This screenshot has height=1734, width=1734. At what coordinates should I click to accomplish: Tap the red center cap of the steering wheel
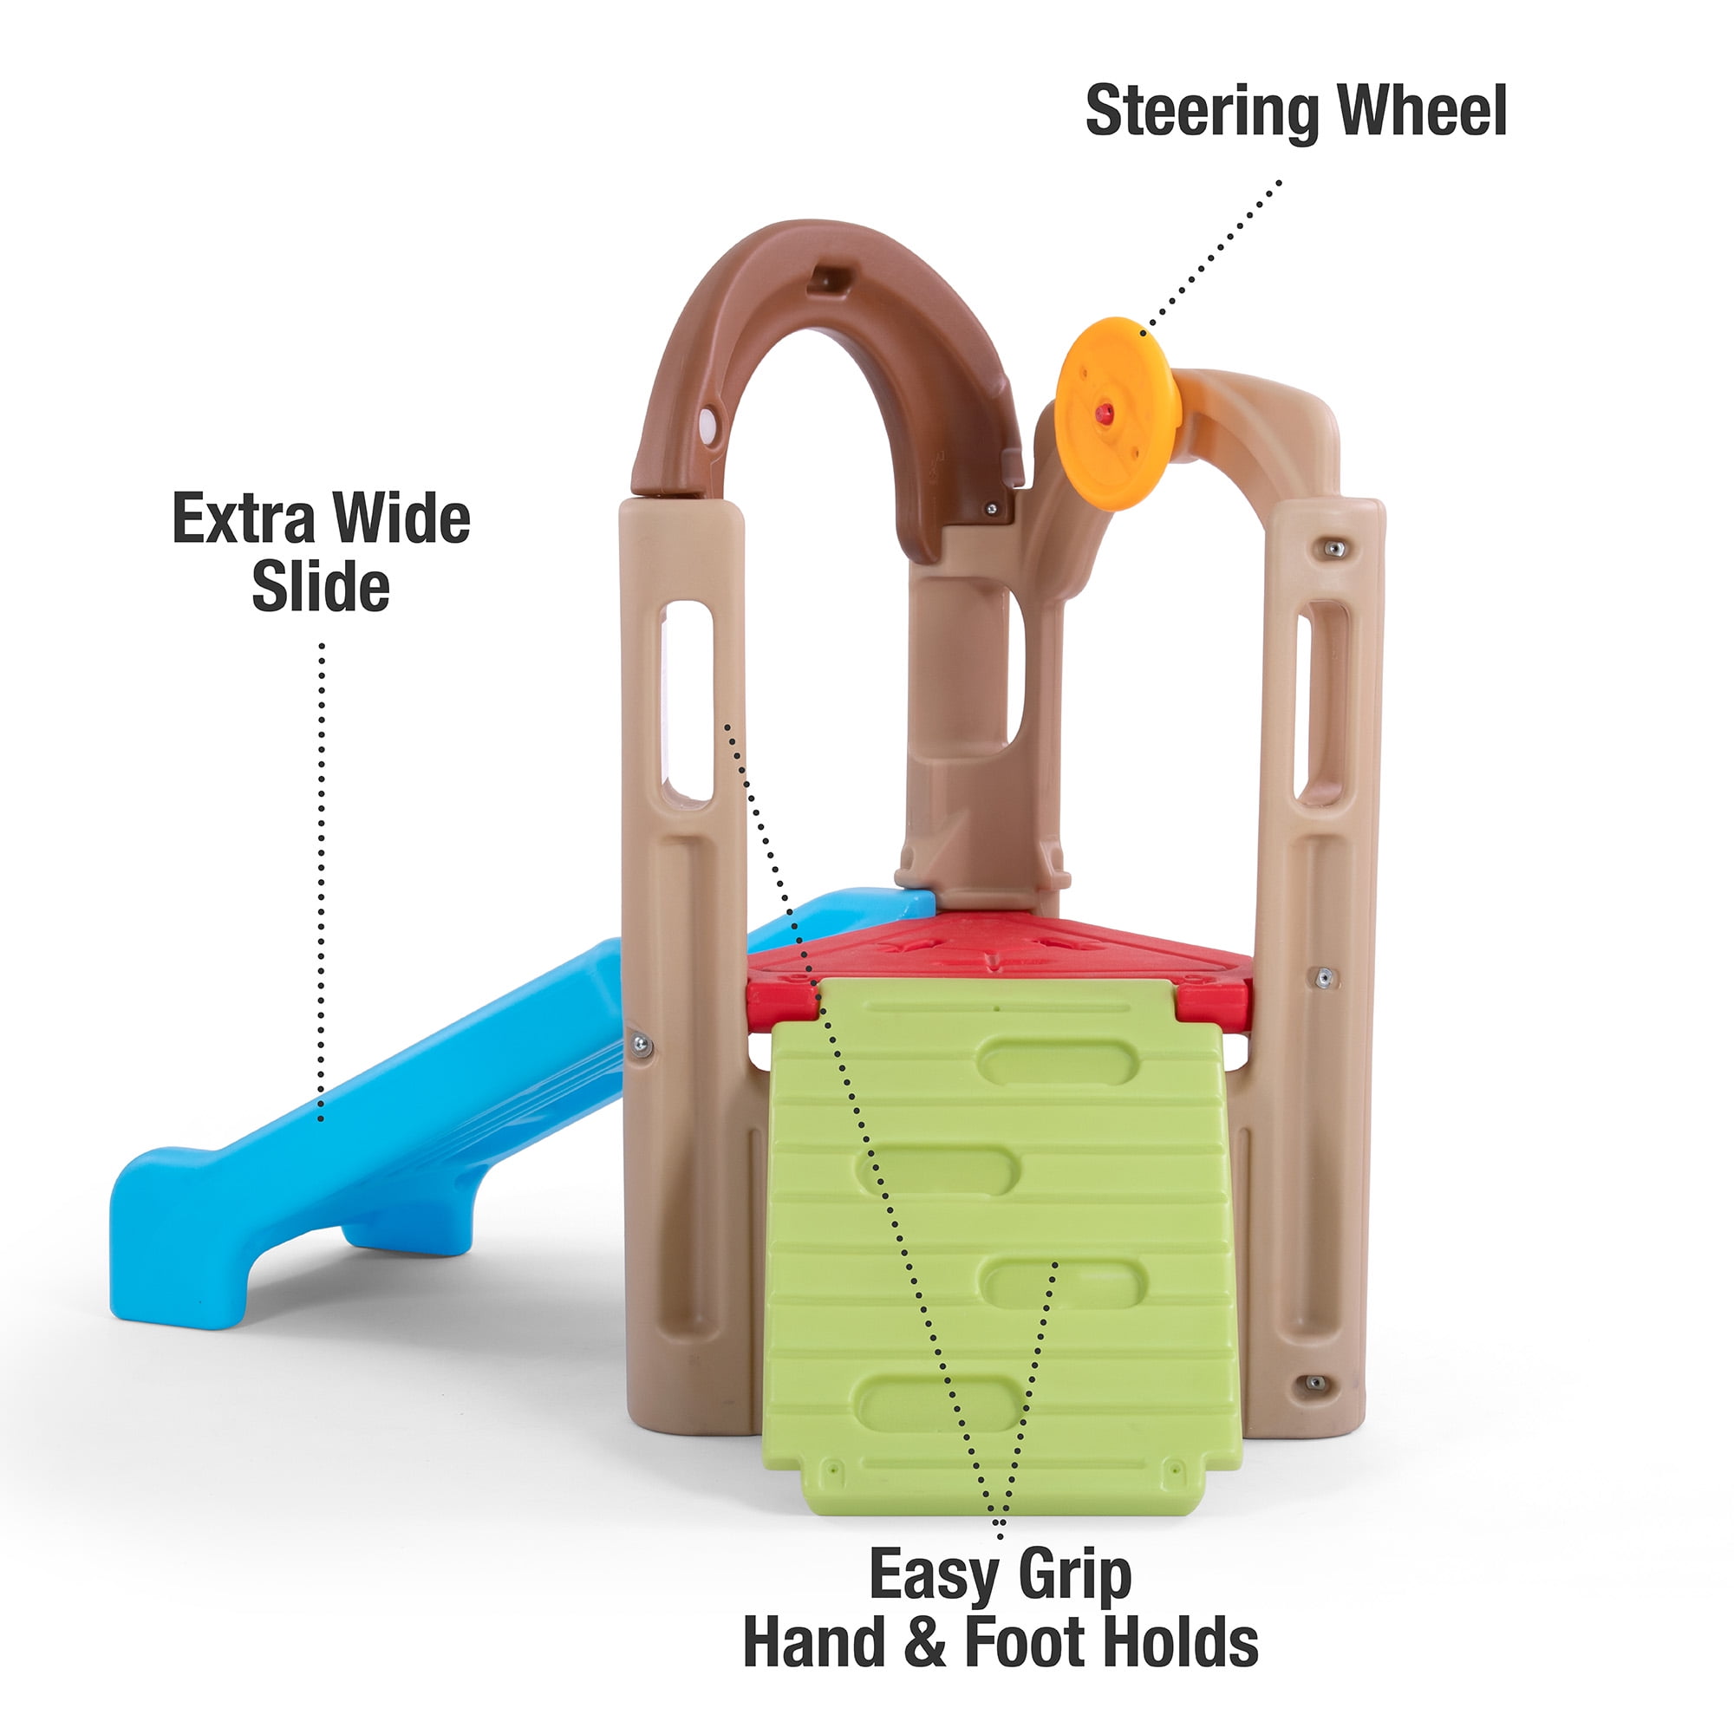point(1103,413)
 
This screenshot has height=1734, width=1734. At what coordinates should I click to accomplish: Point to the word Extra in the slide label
point(243,518)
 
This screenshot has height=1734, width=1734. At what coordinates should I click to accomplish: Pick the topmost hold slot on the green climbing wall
point(1058,1062)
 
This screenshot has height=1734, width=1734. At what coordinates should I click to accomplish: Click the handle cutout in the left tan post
point(687,700)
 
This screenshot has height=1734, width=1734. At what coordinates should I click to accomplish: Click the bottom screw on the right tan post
point(1314,1407)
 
